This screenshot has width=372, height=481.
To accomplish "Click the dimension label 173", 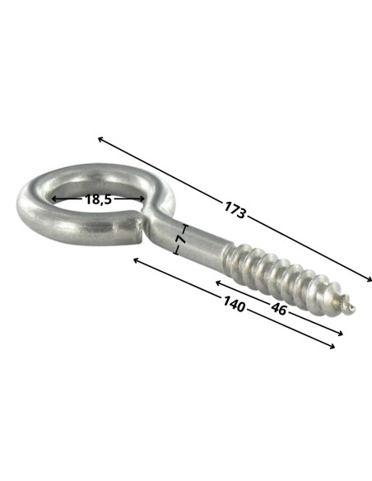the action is tap(235, 210).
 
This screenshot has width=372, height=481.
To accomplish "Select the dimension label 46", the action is tap(278, 309).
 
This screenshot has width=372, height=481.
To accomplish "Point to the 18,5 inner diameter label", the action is tap(98, 199).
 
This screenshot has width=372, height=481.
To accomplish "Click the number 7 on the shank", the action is tap(181, 240).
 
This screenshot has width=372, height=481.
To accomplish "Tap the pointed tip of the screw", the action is tap(354, 308).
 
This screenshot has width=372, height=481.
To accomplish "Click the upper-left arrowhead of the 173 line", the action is tap(100, 138).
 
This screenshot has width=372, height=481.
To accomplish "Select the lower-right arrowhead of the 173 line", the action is tap(370, 279).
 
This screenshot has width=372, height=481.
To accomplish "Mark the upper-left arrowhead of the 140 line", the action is tap(135, 260).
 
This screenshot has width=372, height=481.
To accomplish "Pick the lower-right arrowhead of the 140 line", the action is tap(332, 347).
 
